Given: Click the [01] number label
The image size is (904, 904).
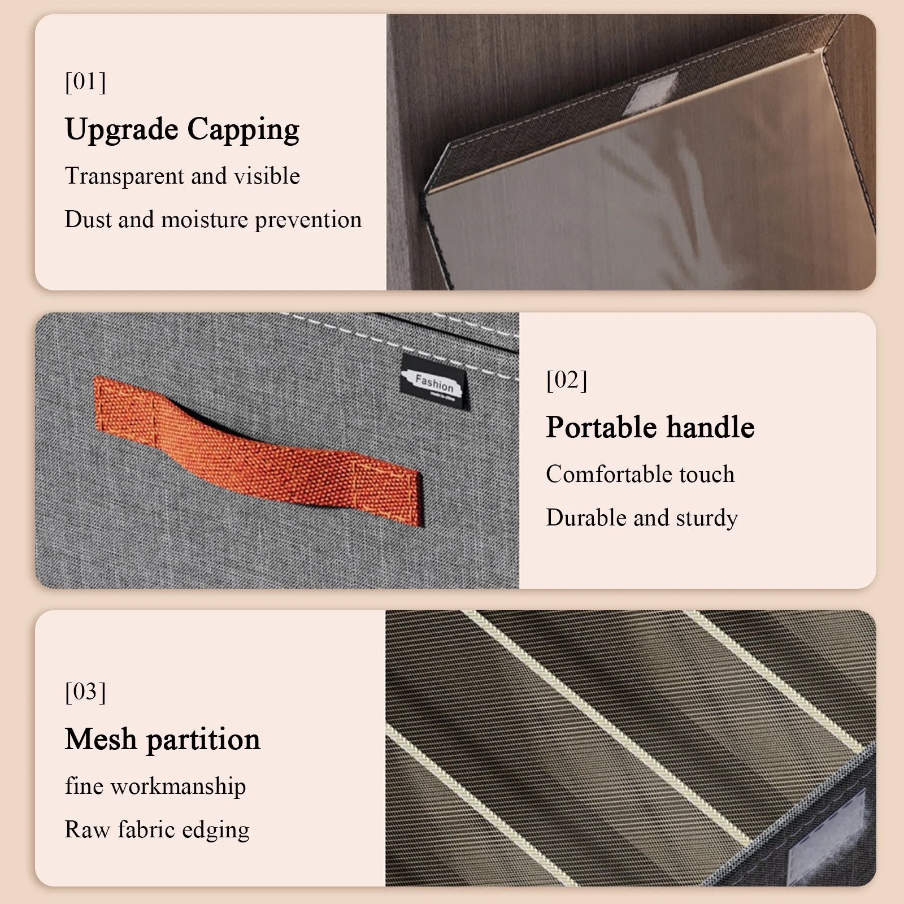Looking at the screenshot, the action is [85, 82].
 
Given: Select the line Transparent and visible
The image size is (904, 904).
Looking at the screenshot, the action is [182, 176].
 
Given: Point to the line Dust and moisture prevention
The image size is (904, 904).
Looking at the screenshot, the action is [213, 220].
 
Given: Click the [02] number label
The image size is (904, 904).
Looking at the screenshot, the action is [567, 380].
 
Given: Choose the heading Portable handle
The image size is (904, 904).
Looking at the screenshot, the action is [650, 427].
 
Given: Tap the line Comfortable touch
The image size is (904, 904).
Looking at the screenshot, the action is [640, 475].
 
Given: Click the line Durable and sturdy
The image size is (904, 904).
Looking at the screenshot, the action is [642, 518].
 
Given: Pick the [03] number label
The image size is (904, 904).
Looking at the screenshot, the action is [85, 692].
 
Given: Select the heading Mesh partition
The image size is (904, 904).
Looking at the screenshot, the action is [163, 740].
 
